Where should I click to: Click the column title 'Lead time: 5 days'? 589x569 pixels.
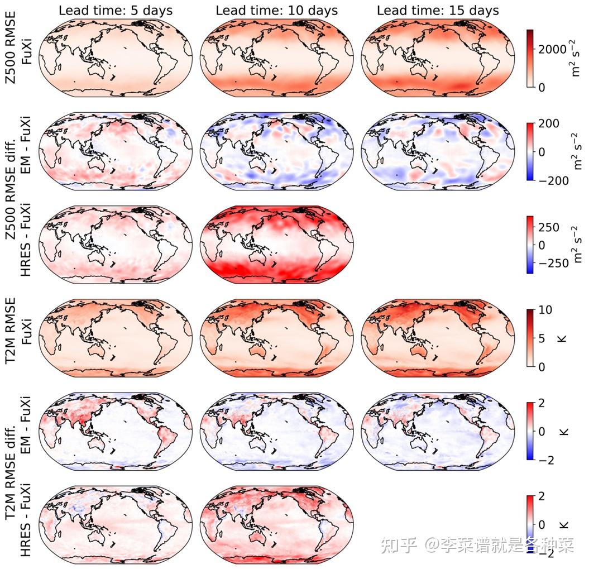tap(116, 10)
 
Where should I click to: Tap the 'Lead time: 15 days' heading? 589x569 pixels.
tap(438, 10)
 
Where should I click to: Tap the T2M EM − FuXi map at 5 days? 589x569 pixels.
tap(116, 431)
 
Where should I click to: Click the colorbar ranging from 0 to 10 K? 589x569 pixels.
tap(530, 338)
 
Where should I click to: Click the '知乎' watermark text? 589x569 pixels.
tap(398, 544)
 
